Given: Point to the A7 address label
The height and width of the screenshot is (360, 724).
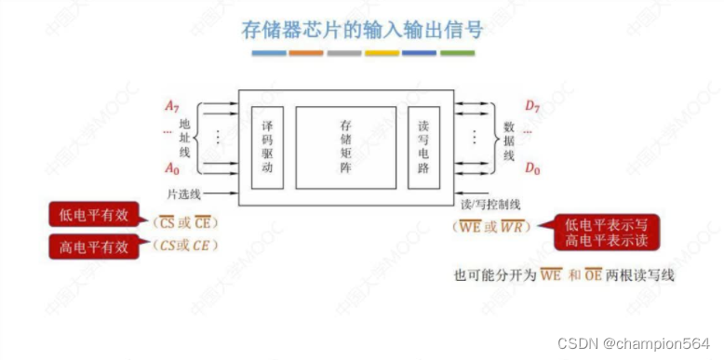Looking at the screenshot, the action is [171, 106].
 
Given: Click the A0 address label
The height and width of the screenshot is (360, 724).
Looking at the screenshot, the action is [171, 168].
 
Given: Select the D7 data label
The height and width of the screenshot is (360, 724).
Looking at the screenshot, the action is [532, 106].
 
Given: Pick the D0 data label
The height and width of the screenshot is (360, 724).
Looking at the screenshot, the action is [532, 168].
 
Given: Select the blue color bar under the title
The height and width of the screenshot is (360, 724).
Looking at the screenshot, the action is [268, 54].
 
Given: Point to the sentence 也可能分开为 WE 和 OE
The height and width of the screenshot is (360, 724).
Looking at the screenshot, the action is [561, 274].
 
